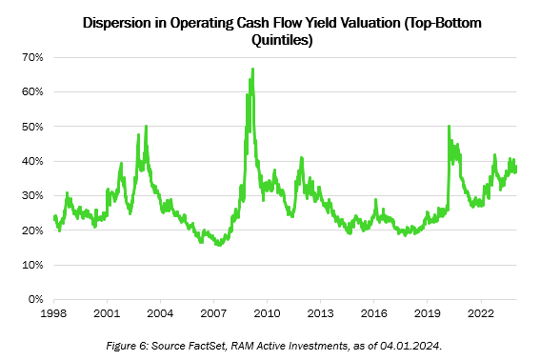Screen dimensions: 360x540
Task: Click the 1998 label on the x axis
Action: point(54,311)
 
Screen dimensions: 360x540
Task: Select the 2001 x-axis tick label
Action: point(108,311)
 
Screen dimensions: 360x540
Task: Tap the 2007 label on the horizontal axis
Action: point(213,311)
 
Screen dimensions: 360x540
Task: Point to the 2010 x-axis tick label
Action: point(267,311)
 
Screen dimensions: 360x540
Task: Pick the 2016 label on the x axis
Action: point(374,311)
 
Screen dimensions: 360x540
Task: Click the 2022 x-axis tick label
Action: point(481,311)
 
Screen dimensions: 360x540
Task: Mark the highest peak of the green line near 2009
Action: point(252,69)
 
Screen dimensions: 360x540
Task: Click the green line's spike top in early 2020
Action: point(449,126)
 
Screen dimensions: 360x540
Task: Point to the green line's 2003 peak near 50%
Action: point(146,126)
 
